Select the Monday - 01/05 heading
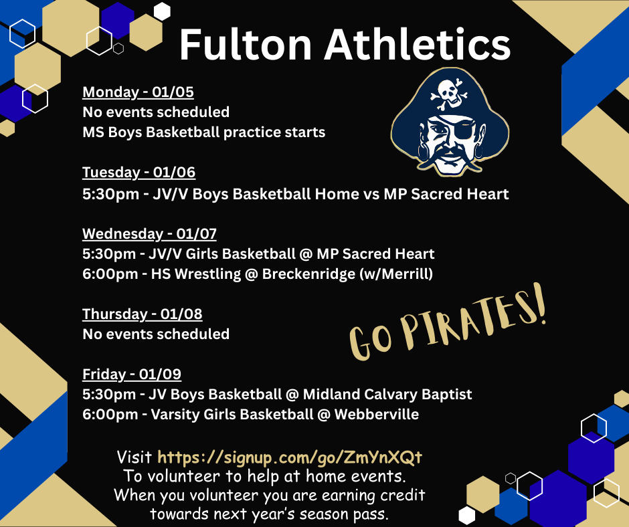138,92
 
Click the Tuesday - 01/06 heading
139,173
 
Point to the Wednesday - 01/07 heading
149,233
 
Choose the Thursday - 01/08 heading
142,314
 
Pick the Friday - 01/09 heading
132,374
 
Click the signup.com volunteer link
290,457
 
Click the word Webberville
377,415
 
